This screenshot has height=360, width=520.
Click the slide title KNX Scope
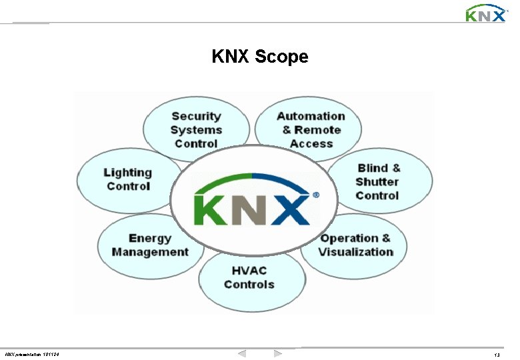(x=260, y=57)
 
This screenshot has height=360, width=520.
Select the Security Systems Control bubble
(x=196, y=129)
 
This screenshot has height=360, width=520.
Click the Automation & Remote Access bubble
(x=311, y=129)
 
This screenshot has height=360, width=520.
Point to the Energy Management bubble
(x=150, y=245)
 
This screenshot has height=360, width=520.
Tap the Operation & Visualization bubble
(x=355, y=245)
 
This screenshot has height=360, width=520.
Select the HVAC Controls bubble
(x=249, y=277)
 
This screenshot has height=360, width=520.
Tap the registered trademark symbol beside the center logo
(x=315, y=195)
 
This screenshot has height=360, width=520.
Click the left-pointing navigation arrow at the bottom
(x=242, y=353)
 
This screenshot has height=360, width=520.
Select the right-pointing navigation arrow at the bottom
(x=278, y=353)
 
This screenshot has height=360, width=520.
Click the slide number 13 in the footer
(x=497, y=354)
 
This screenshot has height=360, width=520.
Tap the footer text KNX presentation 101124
(x=31, y=354)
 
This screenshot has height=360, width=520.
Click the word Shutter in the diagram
(x=377, y=181)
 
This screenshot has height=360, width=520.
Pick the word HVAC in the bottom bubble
(x=249, y=270)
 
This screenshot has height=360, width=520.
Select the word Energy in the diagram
(x=150, y=238)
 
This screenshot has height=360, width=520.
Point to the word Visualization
(x=356, y=252)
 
